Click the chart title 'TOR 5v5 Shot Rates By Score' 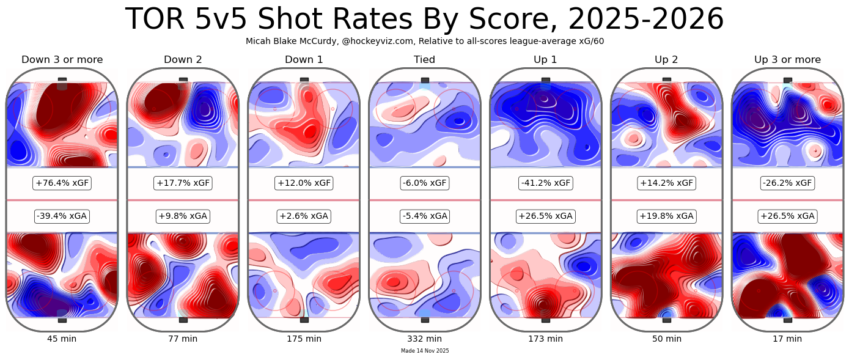424,20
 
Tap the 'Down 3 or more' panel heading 62,60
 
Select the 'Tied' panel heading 424,60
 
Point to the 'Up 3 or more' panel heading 787,60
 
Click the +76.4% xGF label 62,183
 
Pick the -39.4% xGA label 62,216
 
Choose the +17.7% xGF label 183,183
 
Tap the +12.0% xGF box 304,183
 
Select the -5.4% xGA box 425,216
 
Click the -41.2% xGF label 546,183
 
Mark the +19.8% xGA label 667,216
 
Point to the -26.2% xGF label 787,183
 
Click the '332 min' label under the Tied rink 425,339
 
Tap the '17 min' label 787,339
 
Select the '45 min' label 62,339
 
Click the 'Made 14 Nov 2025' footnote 425,351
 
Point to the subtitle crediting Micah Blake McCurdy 424,41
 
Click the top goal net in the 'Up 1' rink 546,80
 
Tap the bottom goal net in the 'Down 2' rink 183,320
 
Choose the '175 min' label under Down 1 304,339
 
